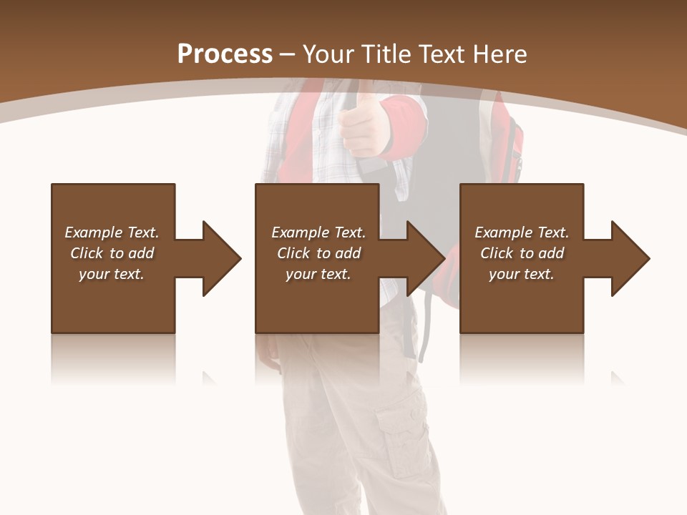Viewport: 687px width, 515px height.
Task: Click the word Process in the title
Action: (x=225, y=54)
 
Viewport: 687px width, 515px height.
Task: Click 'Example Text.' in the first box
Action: (x=112, y=232)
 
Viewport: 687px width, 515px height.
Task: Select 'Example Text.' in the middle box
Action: (x=318, y=232)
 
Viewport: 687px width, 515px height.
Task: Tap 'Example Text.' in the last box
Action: (x=522, y=232)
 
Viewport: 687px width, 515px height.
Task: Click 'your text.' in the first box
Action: (x=112, y=274)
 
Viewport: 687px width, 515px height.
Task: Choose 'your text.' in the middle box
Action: (x=318, y=274)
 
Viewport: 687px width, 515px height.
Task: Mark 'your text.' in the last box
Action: (x=522, y=274)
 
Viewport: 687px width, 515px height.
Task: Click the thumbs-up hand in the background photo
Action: (x=361, y=122)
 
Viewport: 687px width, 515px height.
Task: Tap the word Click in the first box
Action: (x=87, y=253)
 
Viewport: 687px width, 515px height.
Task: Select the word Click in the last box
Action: (x=497, y=253)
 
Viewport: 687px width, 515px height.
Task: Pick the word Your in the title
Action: (x=327, y=54)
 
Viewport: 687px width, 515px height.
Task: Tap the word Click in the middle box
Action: (x=294, y=253)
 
